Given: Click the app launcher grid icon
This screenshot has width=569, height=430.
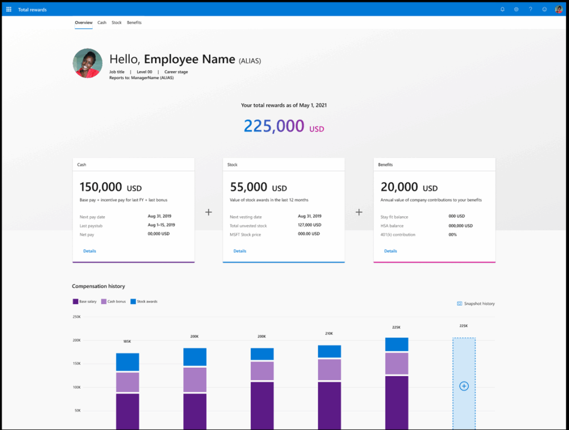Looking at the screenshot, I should [8, 9].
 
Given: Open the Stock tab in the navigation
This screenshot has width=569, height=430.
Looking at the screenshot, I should [117, 23].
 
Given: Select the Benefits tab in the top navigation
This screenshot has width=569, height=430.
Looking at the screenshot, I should [134, 23].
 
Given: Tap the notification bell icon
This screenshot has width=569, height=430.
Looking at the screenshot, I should [502, 9].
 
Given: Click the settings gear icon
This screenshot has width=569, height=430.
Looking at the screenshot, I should [516, 9].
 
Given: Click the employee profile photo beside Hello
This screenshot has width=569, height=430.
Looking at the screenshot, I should [88, 63].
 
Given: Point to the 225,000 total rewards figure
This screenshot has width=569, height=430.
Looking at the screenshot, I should [274, 126].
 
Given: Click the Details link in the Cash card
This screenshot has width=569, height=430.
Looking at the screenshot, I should [89, 251].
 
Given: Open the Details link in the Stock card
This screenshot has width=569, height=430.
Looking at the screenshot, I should [239, 251].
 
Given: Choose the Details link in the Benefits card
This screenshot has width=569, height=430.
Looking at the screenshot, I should [391, 251].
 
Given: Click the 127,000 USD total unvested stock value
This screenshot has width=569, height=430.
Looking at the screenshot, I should [310, 226].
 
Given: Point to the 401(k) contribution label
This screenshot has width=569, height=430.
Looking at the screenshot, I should [398, 235].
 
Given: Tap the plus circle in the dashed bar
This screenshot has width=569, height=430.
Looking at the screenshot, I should [464, 386].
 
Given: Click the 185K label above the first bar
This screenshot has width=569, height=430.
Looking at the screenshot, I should [127, 342].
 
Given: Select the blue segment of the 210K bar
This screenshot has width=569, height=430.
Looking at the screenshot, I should [330, 351].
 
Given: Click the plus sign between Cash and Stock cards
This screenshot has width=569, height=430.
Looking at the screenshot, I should [208, 212].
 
